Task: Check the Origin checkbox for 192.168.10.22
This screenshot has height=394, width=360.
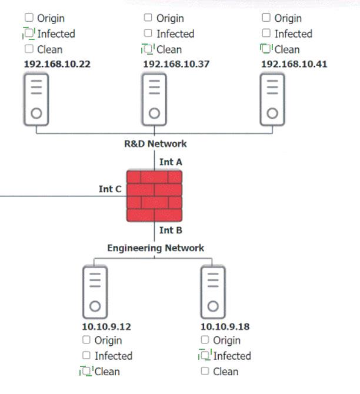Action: tap(29, 18)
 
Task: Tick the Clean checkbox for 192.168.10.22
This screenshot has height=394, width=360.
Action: tap(29, 49)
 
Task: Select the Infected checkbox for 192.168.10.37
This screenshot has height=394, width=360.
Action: tap(148, 33)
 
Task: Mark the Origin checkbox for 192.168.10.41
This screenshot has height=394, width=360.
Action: tap(266, 18)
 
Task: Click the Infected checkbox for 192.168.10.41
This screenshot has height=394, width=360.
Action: tap(266, 33)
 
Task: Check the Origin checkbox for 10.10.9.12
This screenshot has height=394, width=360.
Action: tap(86, 340)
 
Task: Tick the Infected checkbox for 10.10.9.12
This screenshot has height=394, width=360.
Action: tap(86, 355)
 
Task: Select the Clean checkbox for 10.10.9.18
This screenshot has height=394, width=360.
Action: tap(205, 371)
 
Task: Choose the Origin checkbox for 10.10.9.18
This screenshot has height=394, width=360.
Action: tap(205, 340)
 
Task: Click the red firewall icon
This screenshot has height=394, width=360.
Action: tap(154, 196)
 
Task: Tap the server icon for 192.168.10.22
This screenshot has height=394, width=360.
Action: tap(36, 99)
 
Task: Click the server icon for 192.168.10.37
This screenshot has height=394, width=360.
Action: tap(154, 99)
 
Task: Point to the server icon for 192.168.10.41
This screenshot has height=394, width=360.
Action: tap(272, 99)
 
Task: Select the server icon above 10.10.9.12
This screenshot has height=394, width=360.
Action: tap(95, 292)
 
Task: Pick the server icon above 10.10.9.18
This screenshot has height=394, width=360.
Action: tap(213, 292)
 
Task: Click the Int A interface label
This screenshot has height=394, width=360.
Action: tap(171, 162)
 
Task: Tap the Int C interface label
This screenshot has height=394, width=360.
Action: tap(110, 189)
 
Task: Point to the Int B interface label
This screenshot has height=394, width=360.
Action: tap(171, 230)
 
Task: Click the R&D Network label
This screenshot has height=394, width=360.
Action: tap(155, 143)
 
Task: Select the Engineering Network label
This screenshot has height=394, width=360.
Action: tap(156, 248)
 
